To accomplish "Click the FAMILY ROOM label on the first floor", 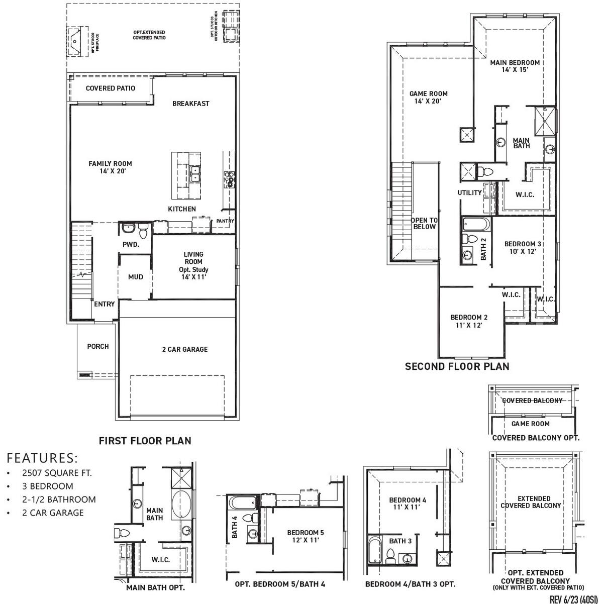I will point(110,167).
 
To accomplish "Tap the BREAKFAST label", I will point(190,104).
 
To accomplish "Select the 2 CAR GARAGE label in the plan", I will point(184,349).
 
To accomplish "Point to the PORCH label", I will point(97,346).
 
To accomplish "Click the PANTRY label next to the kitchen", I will point(225,221).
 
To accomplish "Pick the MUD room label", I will point(135,277).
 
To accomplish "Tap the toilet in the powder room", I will point(143,232).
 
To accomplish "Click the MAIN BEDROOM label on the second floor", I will point(515,66).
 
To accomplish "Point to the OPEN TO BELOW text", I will point(424,224).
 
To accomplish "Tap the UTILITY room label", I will point(469,192).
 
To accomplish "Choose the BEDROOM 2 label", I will point(468,321).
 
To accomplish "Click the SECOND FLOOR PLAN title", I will point(457,366).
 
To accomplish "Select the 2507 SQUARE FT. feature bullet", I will point(57,473).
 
